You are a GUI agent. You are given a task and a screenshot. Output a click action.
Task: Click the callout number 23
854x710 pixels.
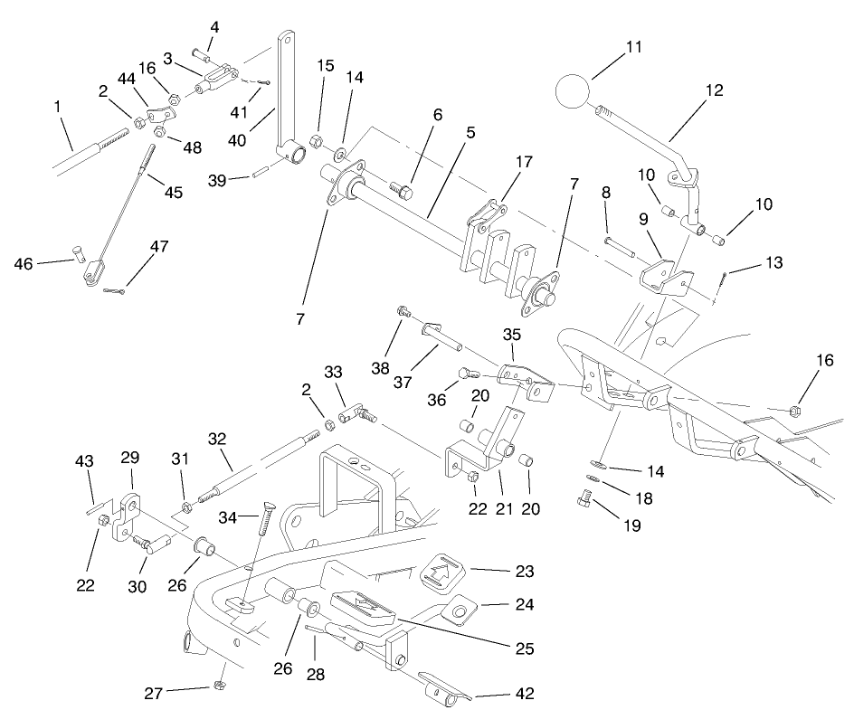[498, 572]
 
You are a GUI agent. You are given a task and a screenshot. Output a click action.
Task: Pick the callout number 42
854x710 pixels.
[498, 695]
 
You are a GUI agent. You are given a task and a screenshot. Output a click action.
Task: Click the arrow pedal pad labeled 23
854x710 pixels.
[442, 572]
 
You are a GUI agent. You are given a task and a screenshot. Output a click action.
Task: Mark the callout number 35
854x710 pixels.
[512, 334]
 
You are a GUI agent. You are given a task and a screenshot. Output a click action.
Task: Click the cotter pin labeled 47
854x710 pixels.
[115, 289]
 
